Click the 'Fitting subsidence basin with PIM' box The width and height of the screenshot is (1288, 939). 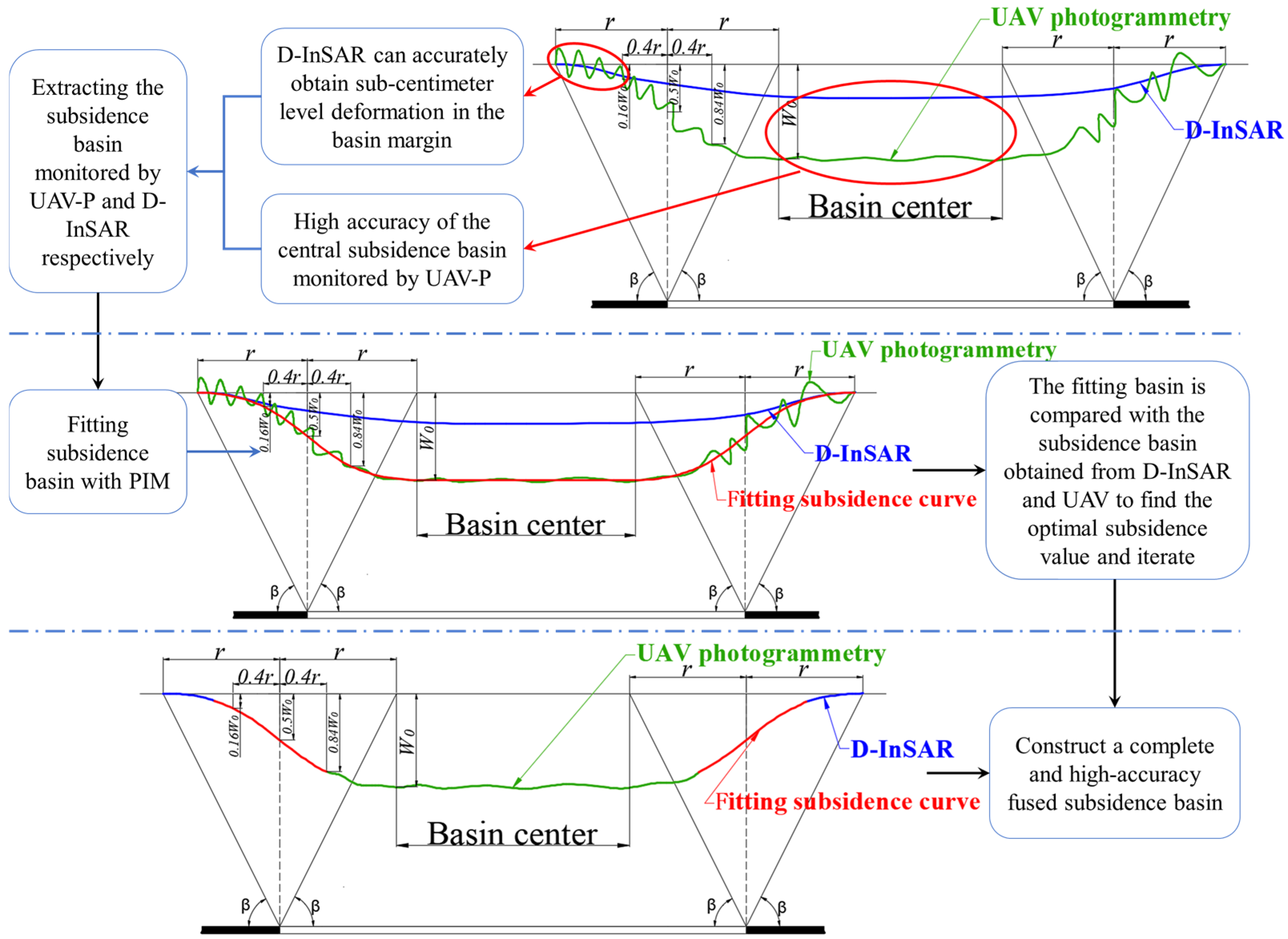tap(98, 452)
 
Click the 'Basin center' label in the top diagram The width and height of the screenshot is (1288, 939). tap(890, 207)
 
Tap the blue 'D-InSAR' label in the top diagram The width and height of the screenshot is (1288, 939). tap(1234, 131)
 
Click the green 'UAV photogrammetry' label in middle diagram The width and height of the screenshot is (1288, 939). tap(939, 350)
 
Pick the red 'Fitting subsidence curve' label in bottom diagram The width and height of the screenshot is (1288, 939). tap(847, 802)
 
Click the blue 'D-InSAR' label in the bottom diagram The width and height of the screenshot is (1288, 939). tap(902, 749)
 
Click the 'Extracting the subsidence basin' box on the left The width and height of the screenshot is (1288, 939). tap(98, 172)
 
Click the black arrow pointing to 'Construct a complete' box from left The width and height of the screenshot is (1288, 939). tap(958, 773)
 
